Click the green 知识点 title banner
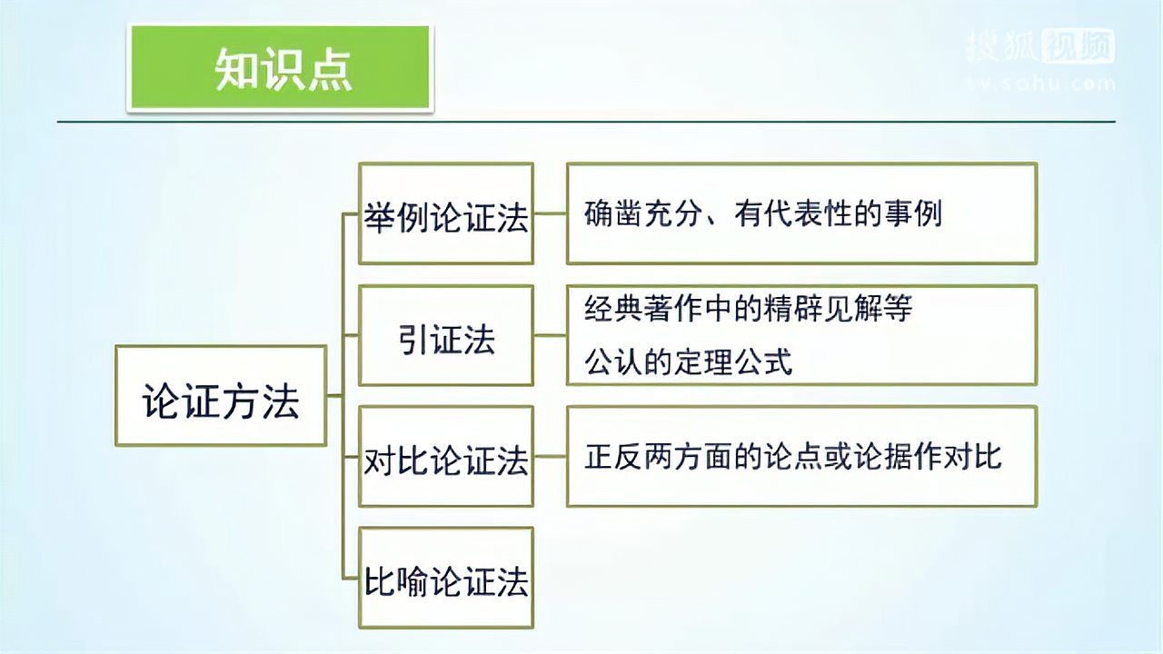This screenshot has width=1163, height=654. click(281, 68)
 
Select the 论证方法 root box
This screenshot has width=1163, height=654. click(221, 396)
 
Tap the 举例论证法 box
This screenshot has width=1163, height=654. click(446, 214)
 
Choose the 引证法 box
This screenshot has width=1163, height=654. click(446, 336)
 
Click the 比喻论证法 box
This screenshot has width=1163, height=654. click(446, 579)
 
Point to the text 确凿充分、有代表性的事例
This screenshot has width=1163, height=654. click(763, 213)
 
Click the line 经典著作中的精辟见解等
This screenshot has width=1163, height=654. click(749, 309)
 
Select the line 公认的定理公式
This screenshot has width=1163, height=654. click(689, 362)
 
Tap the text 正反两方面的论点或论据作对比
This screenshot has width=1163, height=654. click(793, 456)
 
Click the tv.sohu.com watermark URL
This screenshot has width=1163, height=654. click(1039, 84)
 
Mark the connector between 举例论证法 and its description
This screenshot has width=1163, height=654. click(550, 214)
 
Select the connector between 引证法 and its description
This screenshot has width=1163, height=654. click(550, 336)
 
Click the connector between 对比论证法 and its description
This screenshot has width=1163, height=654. click(550, 457)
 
